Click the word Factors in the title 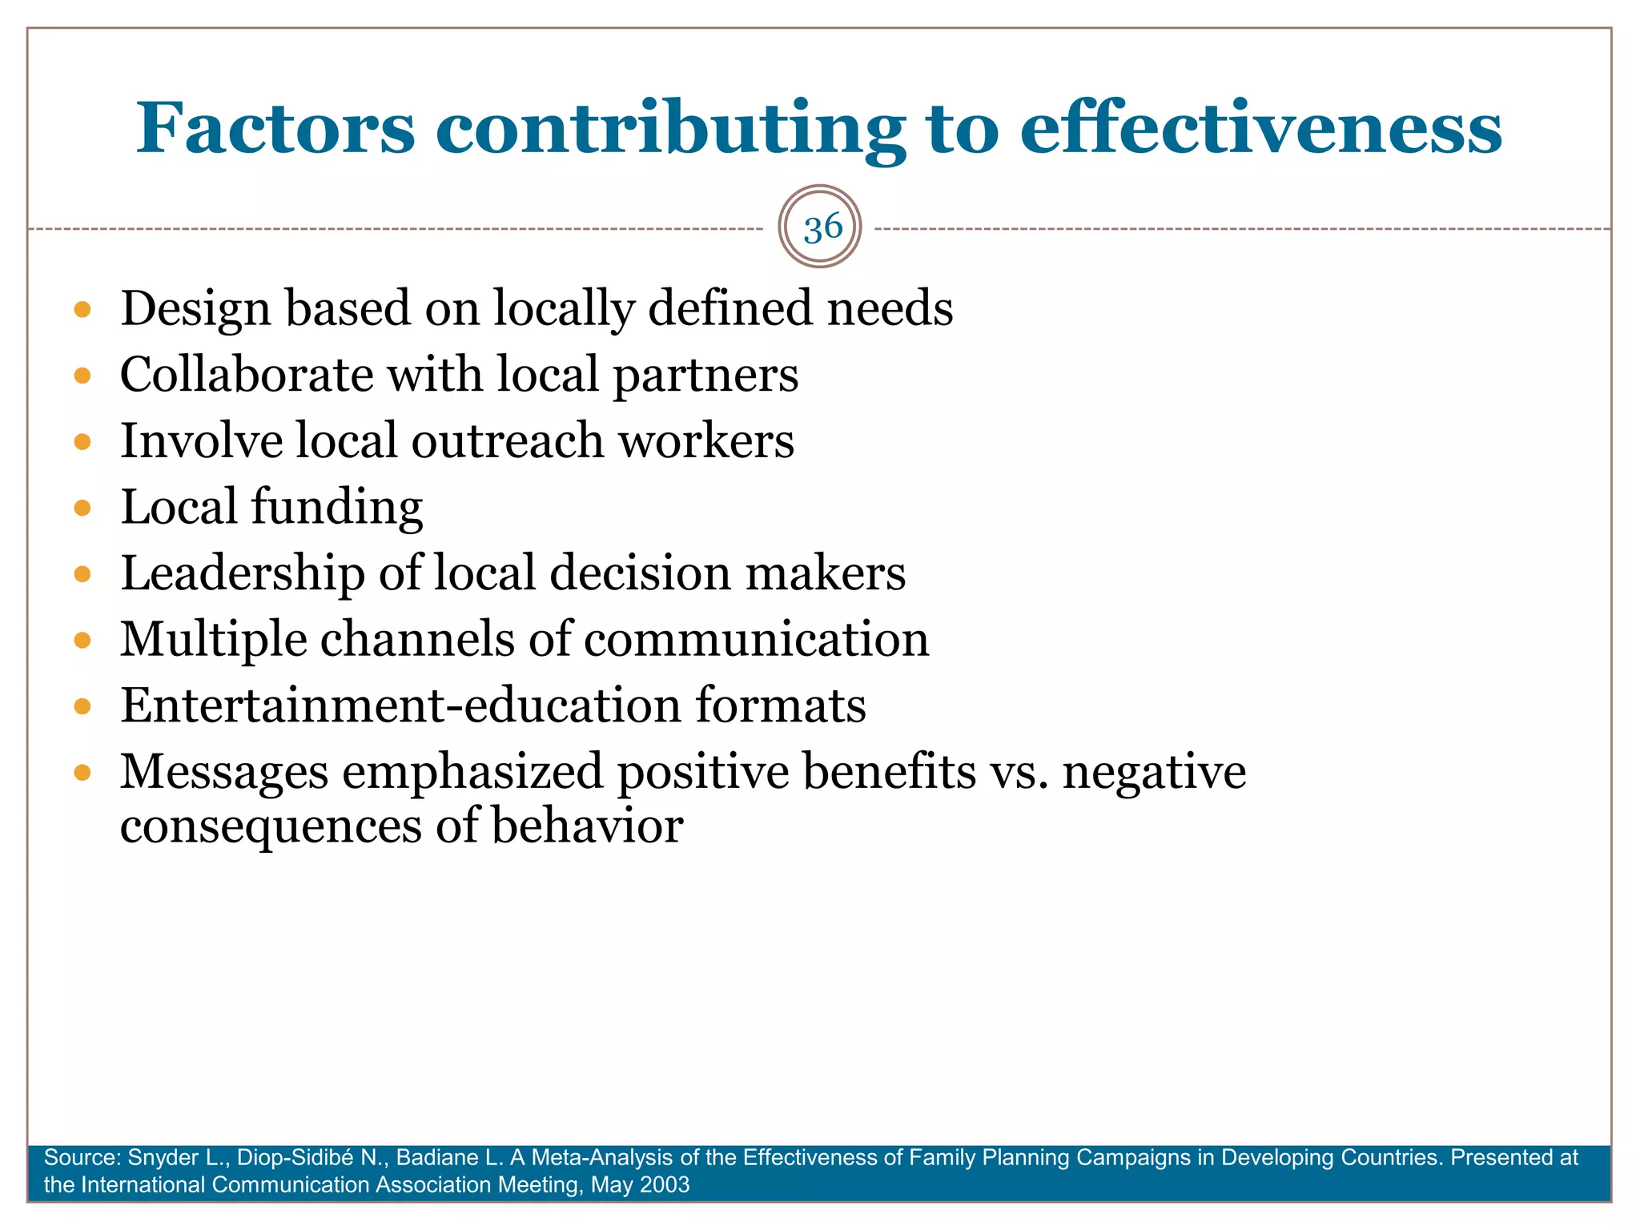(275, 128)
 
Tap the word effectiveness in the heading (1260, 128)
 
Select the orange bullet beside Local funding (82, 508)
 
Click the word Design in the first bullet (195, 309)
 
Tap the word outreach (508, 441)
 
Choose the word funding (337, 508)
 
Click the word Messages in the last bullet (224, 772)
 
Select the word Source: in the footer (82, 1158)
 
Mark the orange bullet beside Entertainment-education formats (82, 706)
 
